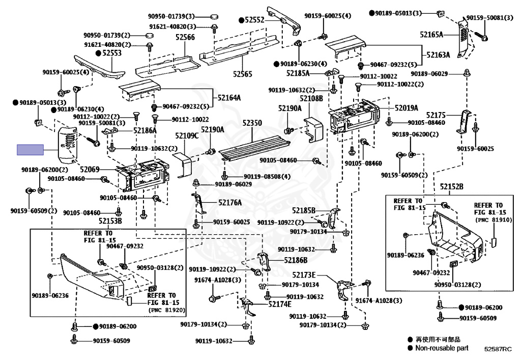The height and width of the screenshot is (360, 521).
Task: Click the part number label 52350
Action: click(x=252, y=123)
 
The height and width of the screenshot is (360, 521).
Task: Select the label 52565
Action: click(x=243, y=74)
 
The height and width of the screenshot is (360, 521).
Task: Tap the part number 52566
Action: click(x=185, y=37)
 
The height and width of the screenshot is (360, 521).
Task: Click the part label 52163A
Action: click(x=438, y=54)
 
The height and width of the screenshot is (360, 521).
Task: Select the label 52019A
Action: click(x=406, y=108)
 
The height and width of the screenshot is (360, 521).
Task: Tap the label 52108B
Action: click(x=311, y=98)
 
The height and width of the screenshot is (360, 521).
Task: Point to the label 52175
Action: click(x=436, y=115)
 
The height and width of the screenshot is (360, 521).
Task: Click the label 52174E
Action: click(x=280, y=304)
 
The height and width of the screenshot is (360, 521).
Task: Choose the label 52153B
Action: click(x=110, y=221)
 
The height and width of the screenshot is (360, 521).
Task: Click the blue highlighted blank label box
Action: click(x=30, y=149)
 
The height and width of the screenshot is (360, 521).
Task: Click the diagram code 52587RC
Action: click(x=498, y=349)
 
